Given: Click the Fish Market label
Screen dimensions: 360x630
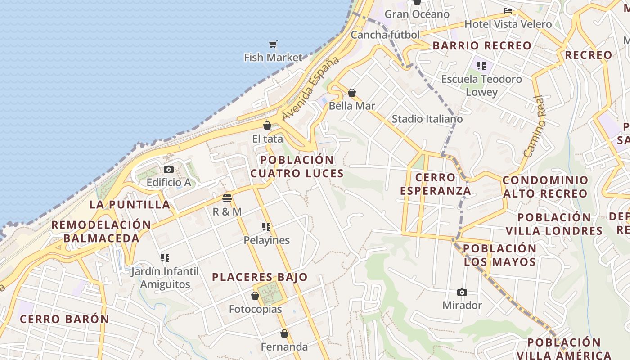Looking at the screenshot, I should click(273, 58).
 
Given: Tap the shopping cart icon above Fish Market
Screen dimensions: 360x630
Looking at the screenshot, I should click(273, 44).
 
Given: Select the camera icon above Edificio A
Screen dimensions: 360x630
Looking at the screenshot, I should click(169, 169).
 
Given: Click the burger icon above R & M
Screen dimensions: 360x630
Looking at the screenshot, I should click(227, 198).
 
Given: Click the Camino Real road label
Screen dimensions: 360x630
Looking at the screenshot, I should click(535, 126).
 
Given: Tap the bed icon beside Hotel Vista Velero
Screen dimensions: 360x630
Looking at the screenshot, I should click(508, 11).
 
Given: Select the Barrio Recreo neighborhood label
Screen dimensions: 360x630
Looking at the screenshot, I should click(482, 45).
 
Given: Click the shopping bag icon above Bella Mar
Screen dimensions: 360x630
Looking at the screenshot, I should click(352, 93).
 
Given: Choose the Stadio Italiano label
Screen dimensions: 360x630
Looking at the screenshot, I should click(427, 119).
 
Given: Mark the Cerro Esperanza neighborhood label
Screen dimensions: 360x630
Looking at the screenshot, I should click(435, 184).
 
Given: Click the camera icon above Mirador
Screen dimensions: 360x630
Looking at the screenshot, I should click(462, 292).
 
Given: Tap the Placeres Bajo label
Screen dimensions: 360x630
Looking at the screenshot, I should click(260, 277).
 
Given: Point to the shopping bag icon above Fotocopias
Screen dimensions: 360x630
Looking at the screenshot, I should click(255, 296).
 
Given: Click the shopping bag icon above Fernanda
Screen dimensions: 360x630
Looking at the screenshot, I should click(284, 333).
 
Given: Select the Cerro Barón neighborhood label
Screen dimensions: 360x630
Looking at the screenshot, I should click(64, 319).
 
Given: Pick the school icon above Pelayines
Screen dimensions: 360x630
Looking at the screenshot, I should click(266, 227).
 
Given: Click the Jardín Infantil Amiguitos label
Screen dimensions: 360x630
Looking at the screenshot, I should click(165, 278).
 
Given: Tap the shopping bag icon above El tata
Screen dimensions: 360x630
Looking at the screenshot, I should click(267, 126).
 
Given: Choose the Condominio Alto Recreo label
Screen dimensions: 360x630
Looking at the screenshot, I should click(545, 187).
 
